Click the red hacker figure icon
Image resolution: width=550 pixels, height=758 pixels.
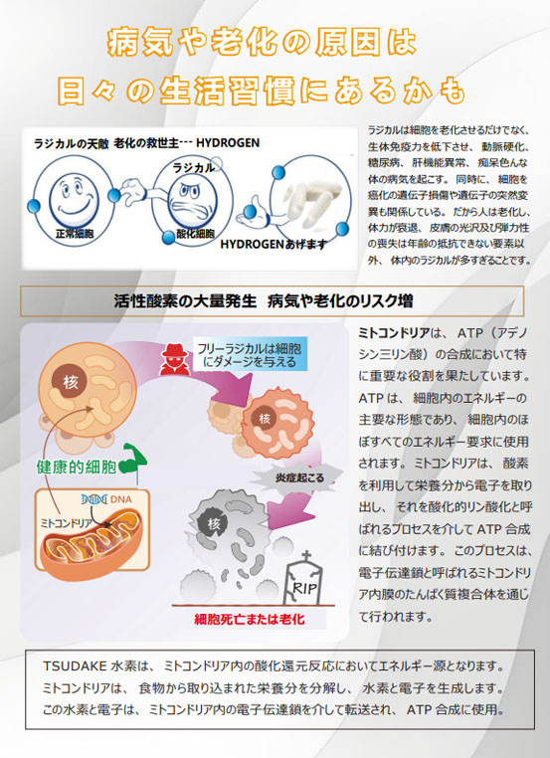pyautogui.click(x=173, y=359)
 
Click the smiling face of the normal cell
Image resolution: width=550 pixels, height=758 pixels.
pyautogui.click(x=74, y=195)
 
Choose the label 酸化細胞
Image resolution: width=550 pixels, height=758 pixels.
pyautogui.click(x=195, y=234)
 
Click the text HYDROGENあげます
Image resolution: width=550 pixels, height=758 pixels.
pyautogui.click(x=274, y=245)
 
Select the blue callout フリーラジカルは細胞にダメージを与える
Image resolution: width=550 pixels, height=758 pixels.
pyautogui.click(x=250, y=355)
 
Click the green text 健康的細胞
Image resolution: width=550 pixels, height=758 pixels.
pyautogui.click(x=77, y=467)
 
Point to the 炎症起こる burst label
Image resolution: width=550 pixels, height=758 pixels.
pyautogui.click(x=299, y=478)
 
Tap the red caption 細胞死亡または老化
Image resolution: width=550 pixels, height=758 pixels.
pyautogui.click(x=250, y=619)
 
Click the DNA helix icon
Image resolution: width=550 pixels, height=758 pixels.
pyautogui.click(x=94, y=499)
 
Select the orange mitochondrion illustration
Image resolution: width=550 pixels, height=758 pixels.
pyautogui.click(x=92, y=536)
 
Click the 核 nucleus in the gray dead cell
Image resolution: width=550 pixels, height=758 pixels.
pyautogui.click(x=214, y=523)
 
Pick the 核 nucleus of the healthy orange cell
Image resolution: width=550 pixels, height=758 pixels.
pyautogui.click(x=71, y=381)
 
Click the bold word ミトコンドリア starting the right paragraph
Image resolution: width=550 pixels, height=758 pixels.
pyautogui.click(x=394, y=333)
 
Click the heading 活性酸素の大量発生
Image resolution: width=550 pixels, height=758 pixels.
pyautogui.click(x=185, y=301)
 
